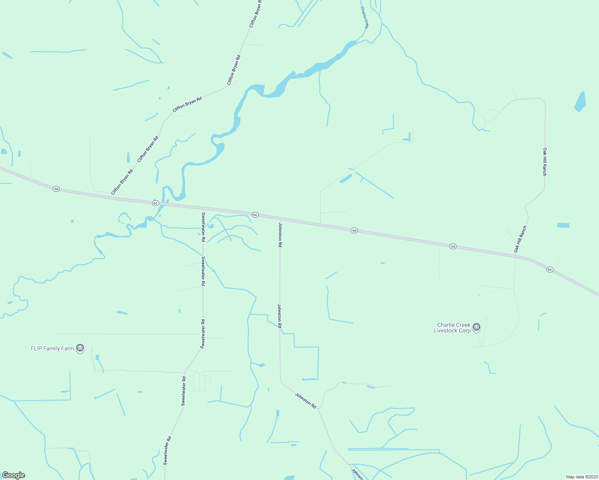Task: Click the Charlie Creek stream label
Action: coord(364,17)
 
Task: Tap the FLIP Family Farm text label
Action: coord(52,348)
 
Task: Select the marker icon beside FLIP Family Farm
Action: coord(80,348)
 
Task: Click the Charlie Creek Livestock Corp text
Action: coord(453,328)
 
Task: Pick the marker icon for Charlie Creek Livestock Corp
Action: coord(476,327)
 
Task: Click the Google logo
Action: coord(13,475)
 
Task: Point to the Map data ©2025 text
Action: coord(581,477)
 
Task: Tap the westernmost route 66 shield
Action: coord(56,188)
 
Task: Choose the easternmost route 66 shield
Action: coord(550,270)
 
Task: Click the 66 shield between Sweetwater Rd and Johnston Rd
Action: coord(255,215)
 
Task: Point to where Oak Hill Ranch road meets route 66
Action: coord(516,256)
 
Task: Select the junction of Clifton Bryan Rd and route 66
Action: coord(110,197)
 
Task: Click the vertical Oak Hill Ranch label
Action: coord(545,162)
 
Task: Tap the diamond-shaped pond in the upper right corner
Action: coord(581,102)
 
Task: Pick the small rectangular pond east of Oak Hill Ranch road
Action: coord(563,226)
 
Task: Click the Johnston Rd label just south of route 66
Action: coord(280,235)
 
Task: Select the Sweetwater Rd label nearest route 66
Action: coord(203,227)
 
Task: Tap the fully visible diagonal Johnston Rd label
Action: coord(306,400)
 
